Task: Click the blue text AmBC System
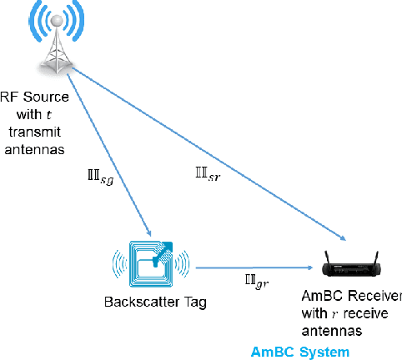(300, 352)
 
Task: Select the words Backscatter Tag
(152, 302)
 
